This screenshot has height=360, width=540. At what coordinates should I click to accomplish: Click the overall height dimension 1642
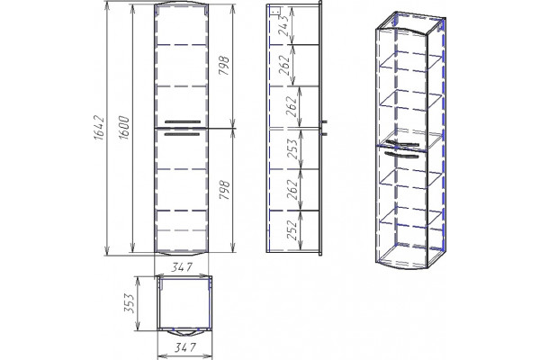coord(99,128)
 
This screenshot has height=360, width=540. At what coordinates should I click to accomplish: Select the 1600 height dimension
coord(124,128)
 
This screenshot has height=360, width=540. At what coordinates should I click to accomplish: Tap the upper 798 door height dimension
coord(224,66)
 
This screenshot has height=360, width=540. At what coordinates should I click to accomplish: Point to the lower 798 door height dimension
coord(224,190)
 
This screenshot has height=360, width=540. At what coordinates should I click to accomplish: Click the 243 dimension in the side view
coord(283,26)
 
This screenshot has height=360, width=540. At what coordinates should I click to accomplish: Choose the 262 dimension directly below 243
coord(284,65)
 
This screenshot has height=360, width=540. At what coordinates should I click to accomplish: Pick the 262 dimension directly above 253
coord(291,106)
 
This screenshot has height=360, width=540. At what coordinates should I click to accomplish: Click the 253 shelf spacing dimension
coord(292,148)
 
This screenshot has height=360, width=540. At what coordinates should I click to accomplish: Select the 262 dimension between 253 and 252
coord(292,190)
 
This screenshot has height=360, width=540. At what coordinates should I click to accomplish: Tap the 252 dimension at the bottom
coord(292,230)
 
